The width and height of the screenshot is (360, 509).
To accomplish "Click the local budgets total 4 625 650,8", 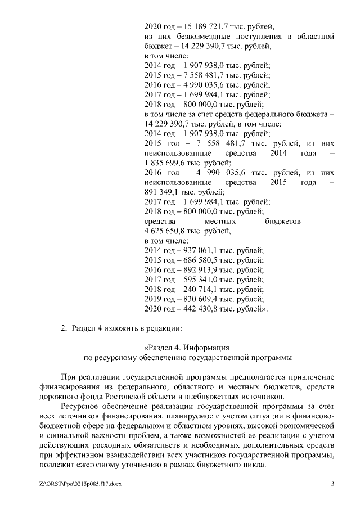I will pyautogui.click(x=167, y=231).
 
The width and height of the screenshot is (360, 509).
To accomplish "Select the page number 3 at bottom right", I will pyautogui.click(x=333, y=484).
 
